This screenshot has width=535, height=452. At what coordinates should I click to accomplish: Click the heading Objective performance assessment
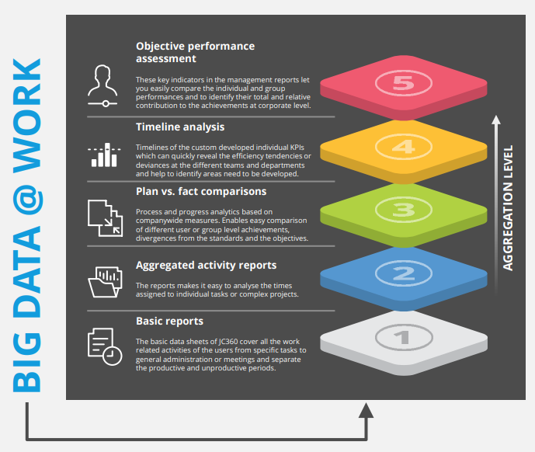tap(195, 52)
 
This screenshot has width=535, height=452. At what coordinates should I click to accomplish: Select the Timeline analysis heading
tap(180, 127)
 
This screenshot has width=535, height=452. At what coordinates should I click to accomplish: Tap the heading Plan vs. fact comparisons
tap(201, 191)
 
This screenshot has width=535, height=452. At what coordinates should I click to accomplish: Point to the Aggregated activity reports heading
tap(206, 265)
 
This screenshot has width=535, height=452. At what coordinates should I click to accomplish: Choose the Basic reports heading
tap(169, 320)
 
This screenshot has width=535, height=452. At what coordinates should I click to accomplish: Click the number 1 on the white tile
tap(402, 337)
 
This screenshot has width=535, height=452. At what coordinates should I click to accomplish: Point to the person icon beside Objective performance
tap(102, 84)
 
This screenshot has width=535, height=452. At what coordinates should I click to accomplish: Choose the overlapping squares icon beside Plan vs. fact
tap(104, 217)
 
